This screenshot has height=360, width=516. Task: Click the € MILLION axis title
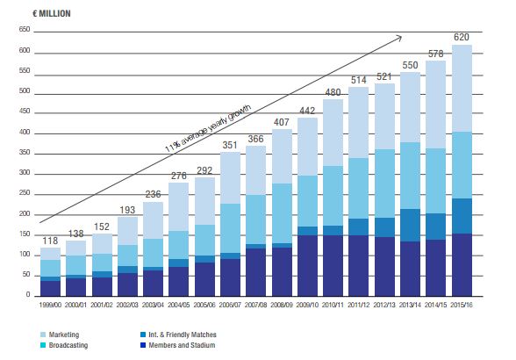52,13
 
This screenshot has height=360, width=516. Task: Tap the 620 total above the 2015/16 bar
462,37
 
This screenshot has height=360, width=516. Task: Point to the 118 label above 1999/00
50,241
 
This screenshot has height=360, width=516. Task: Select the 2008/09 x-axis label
282,305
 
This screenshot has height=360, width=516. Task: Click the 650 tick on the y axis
25,29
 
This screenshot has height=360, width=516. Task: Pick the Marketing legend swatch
42,335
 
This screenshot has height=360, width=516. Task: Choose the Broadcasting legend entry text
68,345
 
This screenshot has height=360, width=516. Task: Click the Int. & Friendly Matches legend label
183,335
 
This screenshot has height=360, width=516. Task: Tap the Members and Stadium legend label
182,345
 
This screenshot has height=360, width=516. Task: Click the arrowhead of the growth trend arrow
399,38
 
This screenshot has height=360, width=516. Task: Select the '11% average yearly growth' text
208,128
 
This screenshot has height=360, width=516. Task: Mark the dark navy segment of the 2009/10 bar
307,265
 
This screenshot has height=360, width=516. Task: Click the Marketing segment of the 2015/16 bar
462,89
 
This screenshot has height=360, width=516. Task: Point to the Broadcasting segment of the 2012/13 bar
384,184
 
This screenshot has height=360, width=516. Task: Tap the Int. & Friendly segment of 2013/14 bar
410,225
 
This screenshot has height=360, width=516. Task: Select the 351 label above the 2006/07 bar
230,145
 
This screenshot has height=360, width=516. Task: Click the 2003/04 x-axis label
153,305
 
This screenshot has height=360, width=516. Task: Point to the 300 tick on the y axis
25,173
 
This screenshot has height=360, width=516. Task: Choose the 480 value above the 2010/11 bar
333,92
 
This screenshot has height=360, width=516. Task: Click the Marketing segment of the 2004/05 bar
179,207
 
